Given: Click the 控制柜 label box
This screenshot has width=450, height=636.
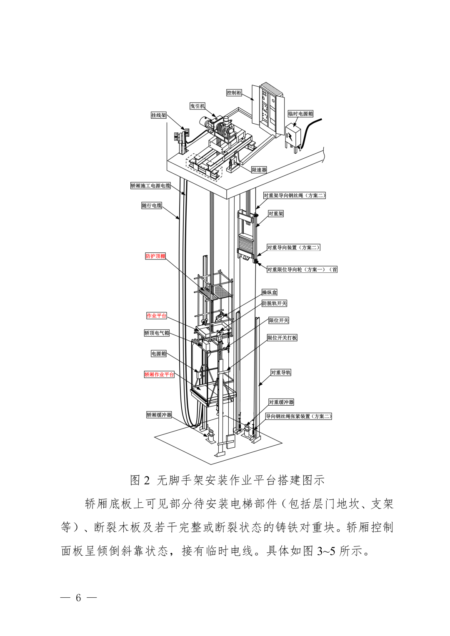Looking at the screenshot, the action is coord(234,93).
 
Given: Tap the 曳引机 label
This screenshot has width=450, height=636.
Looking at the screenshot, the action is coord(197,106).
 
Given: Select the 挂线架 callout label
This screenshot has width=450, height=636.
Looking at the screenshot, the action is coord(158,115).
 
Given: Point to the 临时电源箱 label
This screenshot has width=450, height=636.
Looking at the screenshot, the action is coord(300,114).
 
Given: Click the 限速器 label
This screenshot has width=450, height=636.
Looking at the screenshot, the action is coord(259,170).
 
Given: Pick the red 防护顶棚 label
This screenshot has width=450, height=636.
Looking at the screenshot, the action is coord(155,256).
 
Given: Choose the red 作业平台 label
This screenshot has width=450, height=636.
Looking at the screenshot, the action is coord(157,315).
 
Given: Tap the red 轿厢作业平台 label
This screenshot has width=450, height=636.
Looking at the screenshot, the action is coord(159,374).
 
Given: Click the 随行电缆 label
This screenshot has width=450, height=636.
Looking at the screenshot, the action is coord(152,205).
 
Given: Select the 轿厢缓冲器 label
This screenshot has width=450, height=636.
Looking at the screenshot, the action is coord(159,415).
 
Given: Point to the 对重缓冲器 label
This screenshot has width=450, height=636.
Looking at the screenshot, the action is coord(281,402).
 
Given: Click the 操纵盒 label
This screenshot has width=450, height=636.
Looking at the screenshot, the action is coord(269,292).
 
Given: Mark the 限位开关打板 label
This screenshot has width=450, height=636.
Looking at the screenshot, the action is coord(282,338).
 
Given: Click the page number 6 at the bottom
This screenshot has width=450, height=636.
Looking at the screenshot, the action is coord(78,598).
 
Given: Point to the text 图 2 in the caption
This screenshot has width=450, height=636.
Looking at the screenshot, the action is coord(140,480).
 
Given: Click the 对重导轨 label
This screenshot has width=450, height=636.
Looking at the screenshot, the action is coord(281,372).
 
